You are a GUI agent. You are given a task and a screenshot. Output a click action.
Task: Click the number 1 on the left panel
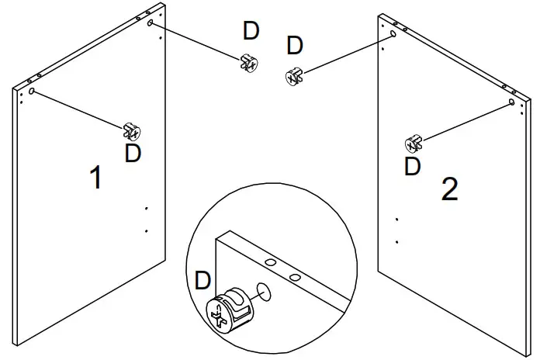[x=95, y=178]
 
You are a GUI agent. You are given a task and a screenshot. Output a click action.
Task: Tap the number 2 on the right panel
[x=449, y=189]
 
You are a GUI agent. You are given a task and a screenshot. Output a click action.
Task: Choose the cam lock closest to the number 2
[x=413, y=143]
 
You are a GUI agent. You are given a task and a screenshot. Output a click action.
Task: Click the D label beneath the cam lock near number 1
[x=133, y=153]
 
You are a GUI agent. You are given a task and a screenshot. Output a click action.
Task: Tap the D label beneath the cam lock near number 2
[x=413, y=166]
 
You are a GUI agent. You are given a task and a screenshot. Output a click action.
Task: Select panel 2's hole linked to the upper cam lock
[x=393, y=35]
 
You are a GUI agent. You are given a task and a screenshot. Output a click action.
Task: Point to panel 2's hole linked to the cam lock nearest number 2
[x=513, y=102]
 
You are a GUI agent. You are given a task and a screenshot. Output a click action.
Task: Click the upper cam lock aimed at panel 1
[x=250, y=62]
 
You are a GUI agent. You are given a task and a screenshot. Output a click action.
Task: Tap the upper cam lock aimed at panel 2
[x=294, y=76]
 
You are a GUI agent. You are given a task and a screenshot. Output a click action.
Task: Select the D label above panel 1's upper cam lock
[x=251, y=31]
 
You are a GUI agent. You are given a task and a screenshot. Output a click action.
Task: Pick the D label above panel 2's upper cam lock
[x=295, y=46]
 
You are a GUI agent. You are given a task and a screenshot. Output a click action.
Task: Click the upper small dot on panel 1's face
[x=145, y=209]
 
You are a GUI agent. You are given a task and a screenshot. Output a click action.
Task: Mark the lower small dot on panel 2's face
[x=396, y=242]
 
